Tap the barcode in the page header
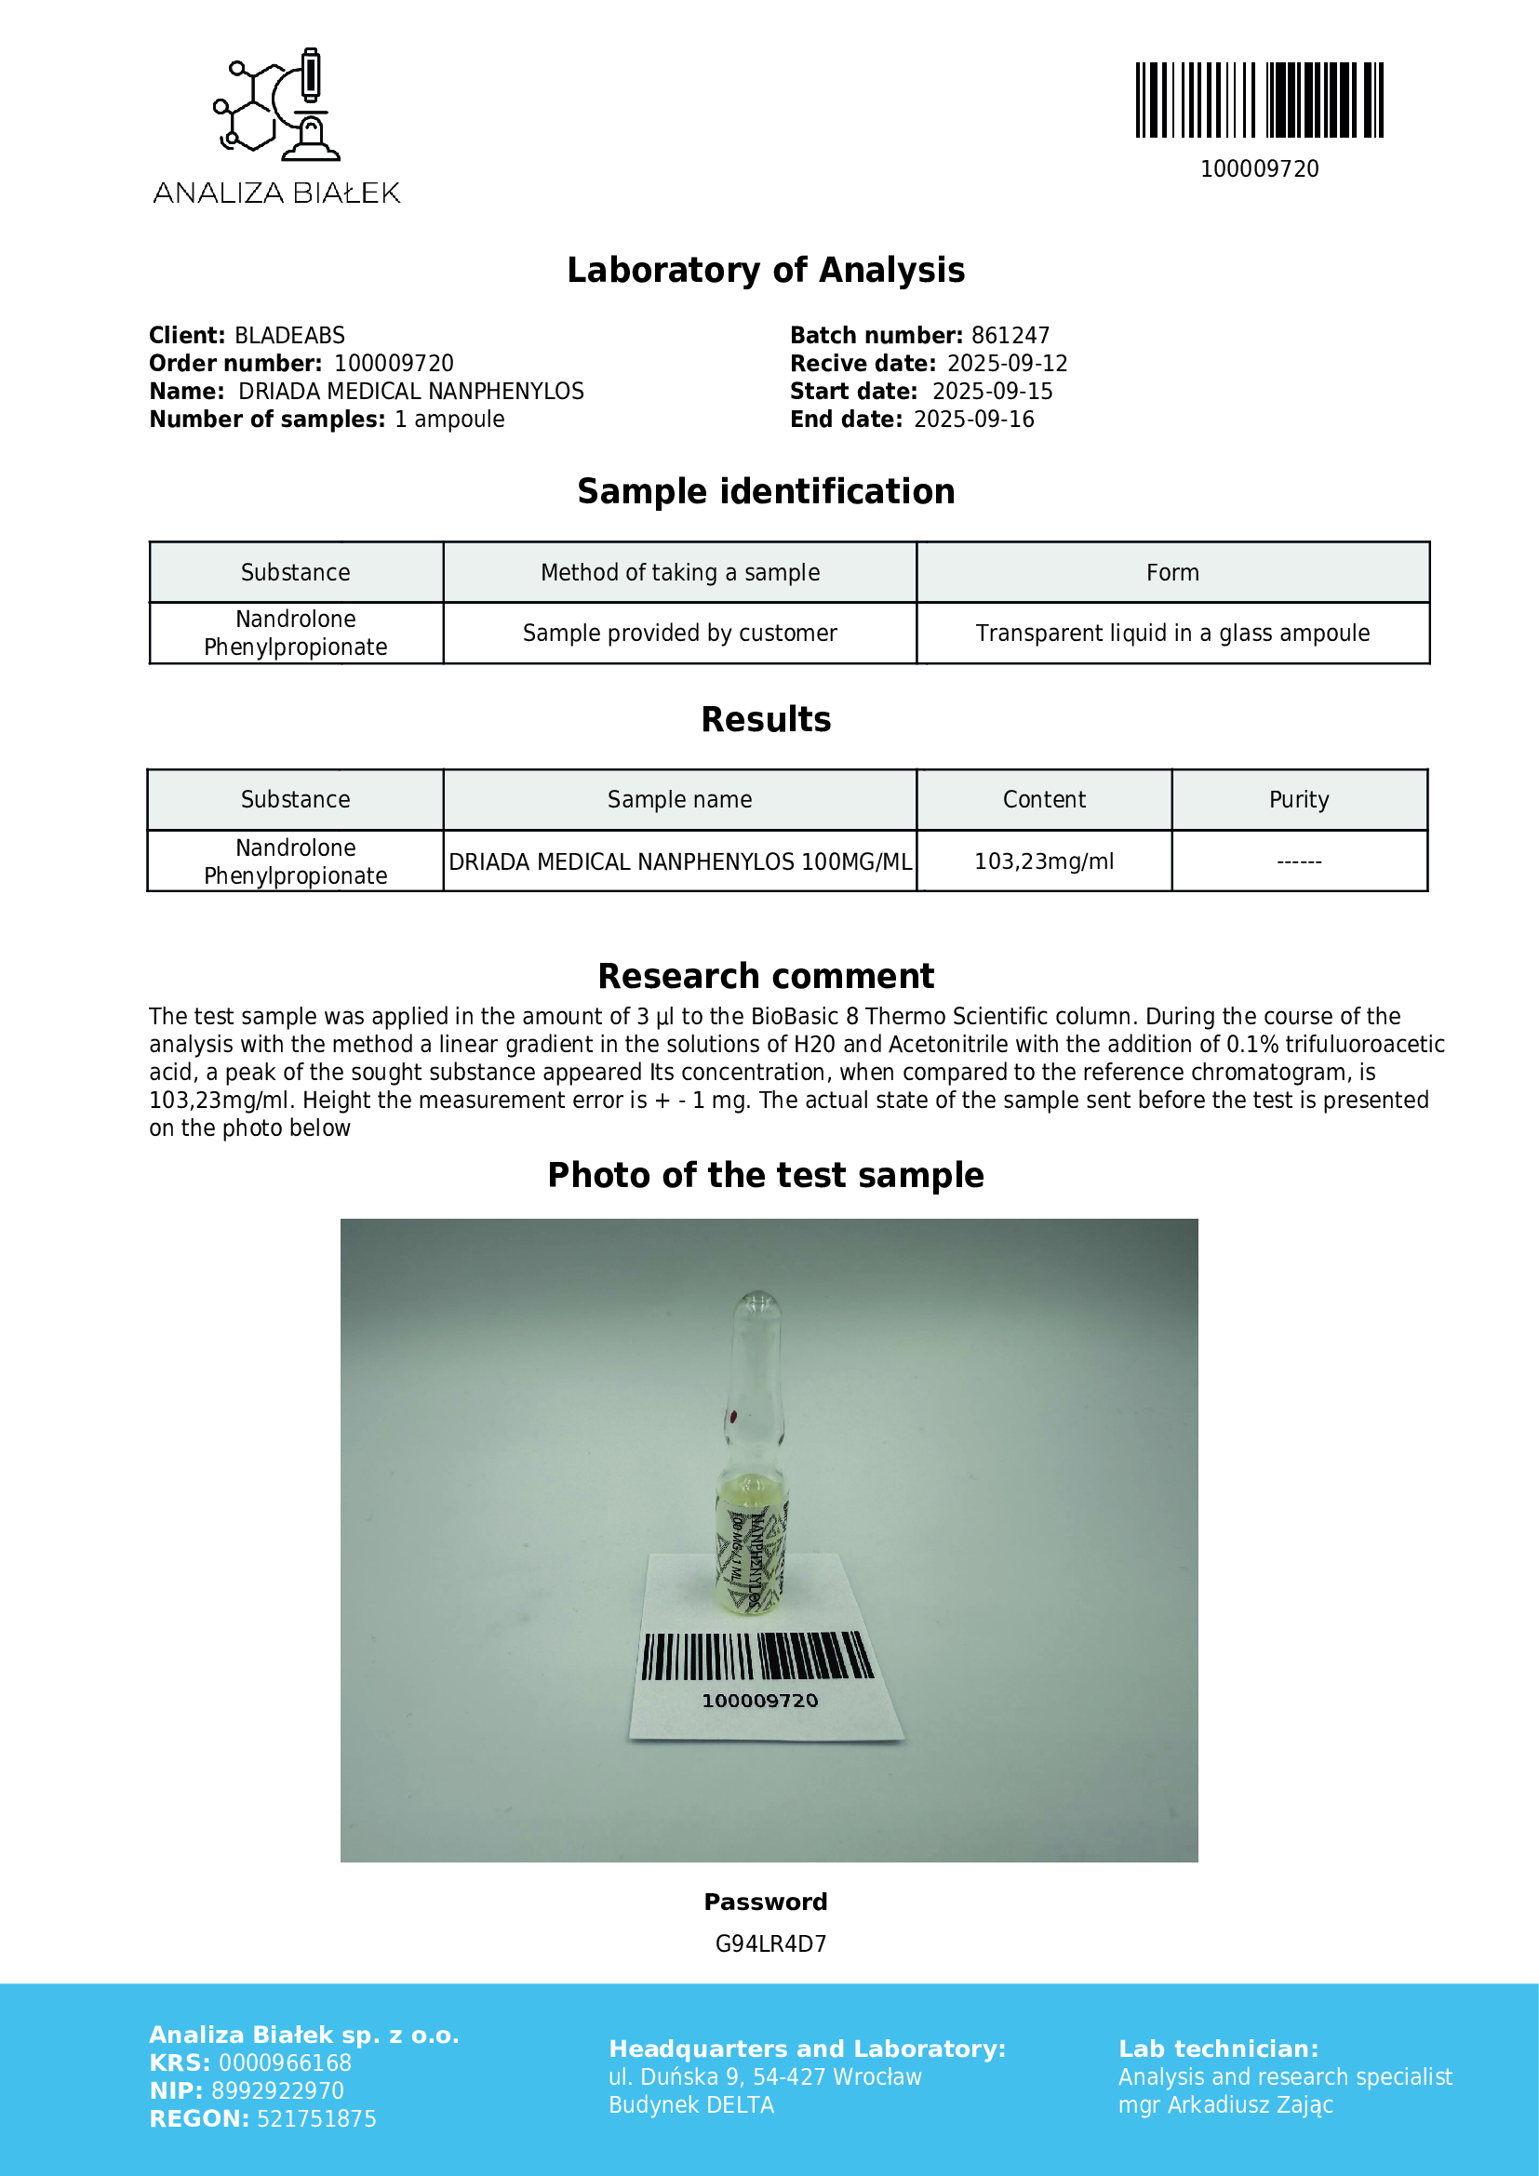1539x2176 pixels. click(1259, 100)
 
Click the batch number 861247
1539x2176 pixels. click(1010, 336)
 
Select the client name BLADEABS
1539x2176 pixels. click(289, 336)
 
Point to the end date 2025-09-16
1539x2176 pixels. click(973, 420)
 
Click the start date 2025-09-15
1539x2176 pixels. click(992, 392)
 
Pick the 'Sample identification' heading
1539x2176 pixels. click(766, 492)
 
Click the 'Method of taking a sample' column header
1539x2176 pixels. click(679, 572)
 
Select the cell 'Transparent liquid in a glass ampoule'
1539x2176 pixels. click(1172, 634)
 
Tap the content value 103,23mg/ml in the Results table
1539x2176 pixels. click(1043, 861)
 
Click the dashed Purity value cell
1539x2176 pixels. click(1298, 861)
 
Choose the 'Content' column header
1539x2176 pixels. click(1043, 800)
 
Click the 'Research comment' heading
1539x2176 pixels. click(766, 976)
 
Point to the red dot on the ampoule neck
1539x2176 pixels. click(732, 1417)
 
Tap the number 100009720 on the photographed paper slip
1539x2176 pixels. click(760, 1702)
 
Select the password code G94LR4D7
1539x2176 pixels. click(770, 1943)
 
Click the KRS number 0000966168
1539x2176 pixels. click(285, 2063)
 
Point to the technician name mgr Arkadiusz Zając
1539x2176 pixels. click(1225, 2105)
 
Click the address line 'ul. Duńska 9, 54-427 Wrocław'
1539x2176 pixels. click(765, 2077)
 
